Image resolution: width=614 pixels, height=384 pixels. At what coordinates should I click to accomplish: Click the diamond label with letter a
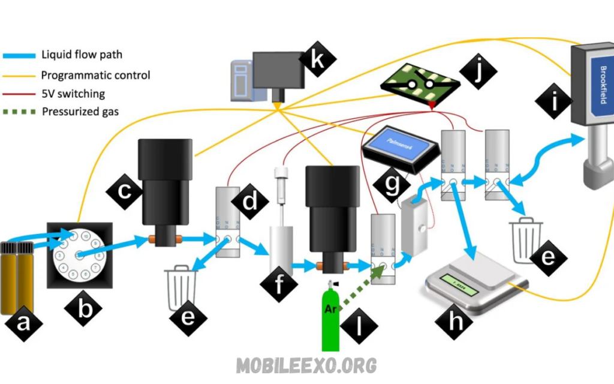click(x=23, y=325)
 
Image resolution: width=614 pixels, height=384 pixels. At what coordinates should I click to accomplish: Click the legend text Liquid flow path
click(x=82, y=55)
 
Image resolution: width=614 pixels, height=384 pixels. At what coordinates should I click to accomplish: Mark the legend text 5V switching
click(x=73, y=94)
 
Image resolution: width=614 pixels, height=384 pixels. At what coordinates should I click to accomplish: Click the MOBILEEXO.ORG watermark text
click(x=306, y=364)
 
